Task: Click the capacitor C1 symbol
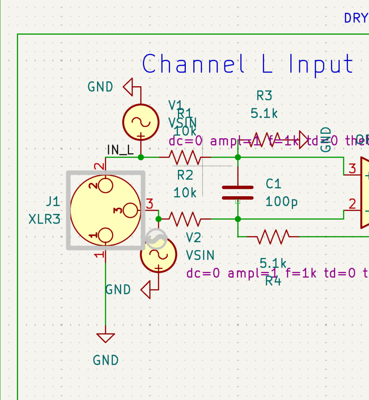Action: pyautogui.click(x=238, y=193)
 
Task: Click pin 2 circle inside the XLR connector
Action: pyautogui.click(x=106, y=185)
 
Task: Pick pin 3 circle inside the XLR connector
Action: pyautogui.click(x=130, y=210)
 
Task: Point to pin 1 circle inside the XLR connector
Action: pyautogui.click(x=106, y=236)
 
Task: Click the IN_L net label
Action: pyautogui.click(x=120, y=150)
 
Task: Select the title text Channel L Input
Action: pyautogui.click(x=248, y=64)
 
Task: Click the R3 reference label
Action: pyautogui.click(x=264, y=96)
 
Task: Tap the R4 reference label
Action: pyautogui.click(x=273, y=281)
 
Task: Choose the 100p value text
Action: pyautogui.click(x=282, y=202)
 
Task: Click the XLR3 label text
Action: pyautogui.click(x=44, y=219)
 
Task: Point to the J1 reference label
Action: pyautogui.click(x=53, y=202)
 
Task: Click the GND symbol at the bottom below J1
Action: pyautogui.click(x=106, y=338)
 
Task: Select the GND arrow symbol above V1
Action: pyautogui.click(x=129, y=87)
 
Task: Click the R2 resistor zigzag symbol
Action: pyautogui.click(x=185, y=219)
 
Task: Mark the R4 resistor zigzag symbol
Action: pyautogui.click(x=273, y=236)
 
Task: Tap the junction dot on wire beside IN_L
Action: pyautogui.click(x=141, y=157)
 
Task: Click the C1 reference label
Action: pyautogui.click(x=273, y=184)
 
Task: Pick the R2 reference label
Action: pyautogui.click(x=185, y=175)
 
